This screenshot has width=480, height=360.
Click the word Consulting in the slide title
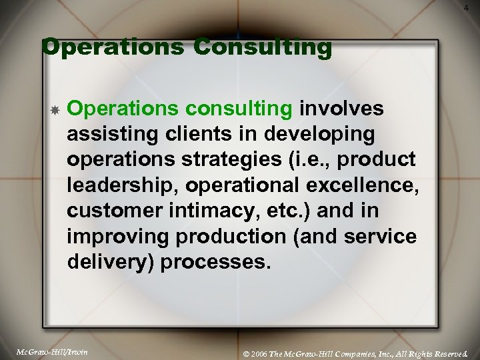262,48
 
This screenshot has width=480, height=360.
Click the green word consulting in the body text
241,108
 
